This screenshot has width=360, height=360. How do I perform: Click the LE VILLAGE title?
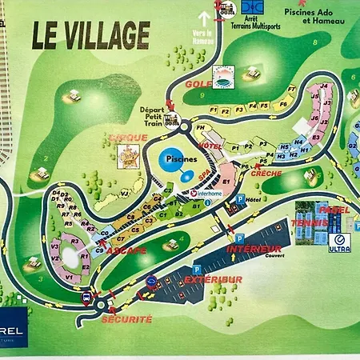pos(90,34)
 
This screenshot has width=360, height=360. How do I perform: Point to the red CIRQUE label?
pos(129,138)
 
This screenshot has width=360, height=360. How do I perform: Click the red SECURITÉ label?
pos(126,318)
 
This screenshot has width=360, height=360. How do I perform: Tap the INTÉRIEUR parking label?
pos(254,249)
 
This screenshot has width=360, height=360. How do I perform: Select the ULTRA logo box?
pos(340,243)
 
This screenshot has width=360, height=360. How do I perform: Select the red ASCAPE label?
pos(128,250)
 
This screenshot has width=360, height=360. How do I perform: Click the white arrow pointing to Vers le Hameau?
pos(205,15)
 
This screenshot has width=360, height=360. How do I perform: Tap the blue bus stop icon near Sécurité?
pos(86,298)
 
